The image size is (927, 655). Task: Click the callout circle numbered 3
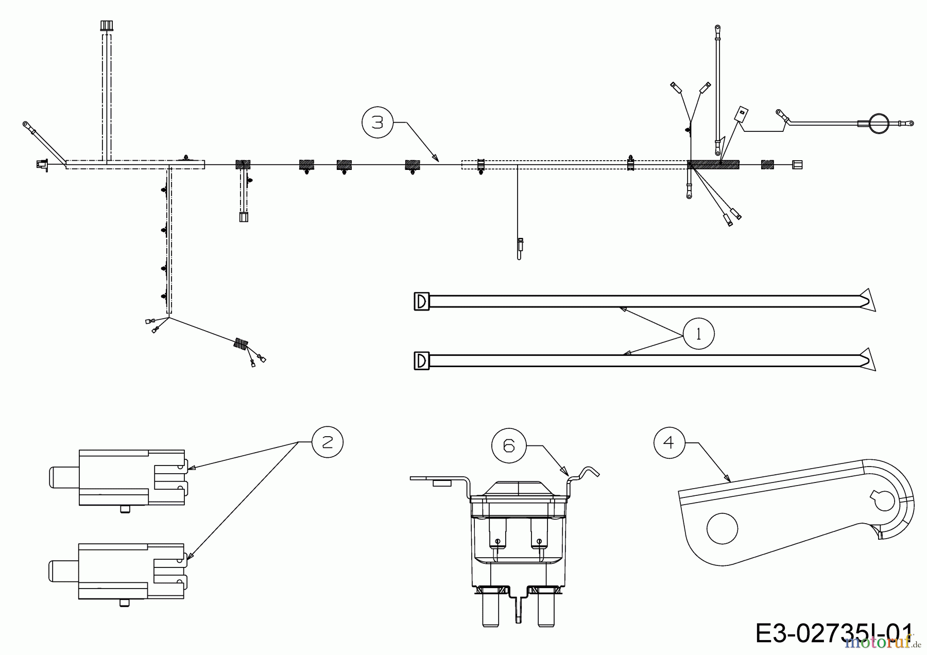coord(377,123)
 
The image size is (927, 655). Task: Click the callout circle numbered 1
coord(698,334)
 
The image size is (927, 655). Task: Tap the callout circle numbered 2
coord(328,442)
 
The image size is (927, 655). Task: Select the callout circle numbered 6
coord(509,445)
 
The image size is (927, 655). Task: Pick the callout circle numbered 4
coord(669,442)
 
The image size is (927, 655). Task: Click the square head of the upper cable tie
coord(421,301)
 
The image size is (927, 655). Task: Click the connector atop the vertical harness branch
coord(106,26)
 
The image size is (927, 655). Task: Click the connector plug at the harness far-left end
coord(41,165)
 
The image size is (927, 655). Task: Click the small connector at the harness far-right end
coord(797,164)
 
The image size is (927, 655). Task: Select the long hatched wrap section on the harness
coord(713,164)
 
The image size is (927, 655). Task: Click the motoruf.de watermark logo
coord(878,642)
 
